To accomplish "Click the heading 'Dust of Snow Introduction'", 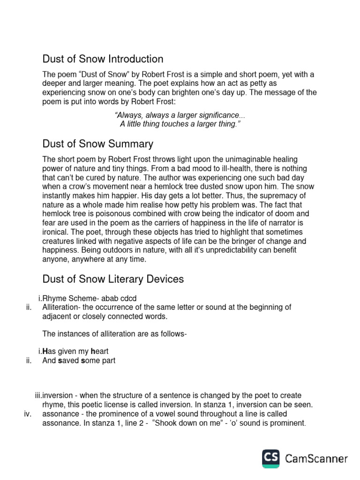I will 103,59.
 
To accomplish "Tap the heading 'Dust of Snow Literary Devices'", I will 113,279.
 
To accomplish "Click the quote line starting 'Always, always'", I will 180,115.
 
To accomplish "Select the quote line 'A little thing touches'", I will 177,124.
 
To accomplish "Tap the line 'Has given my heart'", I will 79,351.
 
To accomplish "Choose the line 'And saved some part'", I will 79,360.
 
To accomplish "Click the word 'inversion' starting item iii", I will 58,396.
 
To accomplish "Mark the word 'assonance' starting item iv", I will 60,414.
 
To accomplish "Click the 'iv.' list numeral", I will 27,414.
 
